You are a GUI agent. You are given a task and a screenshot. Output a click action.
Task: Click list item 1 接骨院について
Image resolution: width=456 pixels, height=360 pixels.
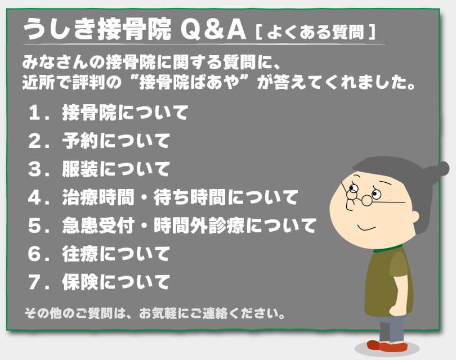pos(124,112)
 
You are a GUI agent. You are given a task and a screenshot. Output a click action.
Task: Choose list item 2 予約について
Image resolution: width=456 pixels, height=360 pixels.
pos(115,141)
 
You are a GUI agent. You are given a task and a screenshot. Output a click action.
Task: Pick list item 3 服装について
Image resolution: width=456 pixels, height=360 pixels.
pos(115,169)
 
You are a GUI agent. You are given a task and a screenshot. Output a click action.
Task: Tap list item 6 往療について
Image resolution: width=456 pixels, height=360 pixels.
pos(115,254)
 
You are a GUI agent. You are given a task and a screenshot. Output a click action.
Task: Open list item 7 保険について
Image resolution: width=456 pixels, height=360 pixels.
pos(115,281)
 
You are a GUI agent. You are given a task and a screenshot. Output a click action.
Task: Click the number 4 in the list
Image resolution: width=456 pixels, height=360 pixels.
pos(37,197)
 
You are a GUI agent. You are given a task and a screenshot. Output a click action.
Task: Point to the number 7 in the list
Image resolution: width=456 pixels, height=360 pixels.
pos(37,281)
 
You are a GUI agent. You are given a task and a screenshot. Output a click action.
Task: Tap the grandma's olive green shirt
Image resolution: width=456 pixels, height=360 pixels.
pos(388,281)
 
